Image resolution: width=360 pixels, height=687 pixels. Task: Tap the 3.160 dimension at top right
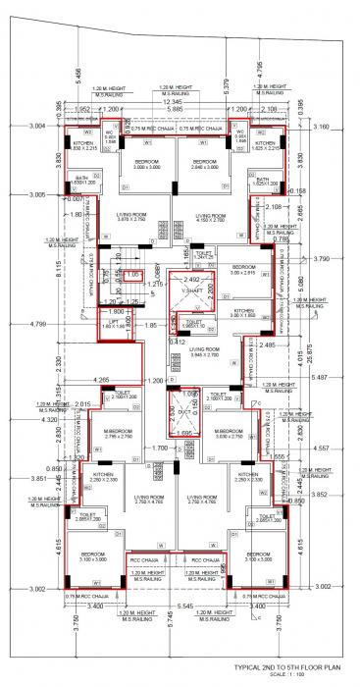319,127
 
